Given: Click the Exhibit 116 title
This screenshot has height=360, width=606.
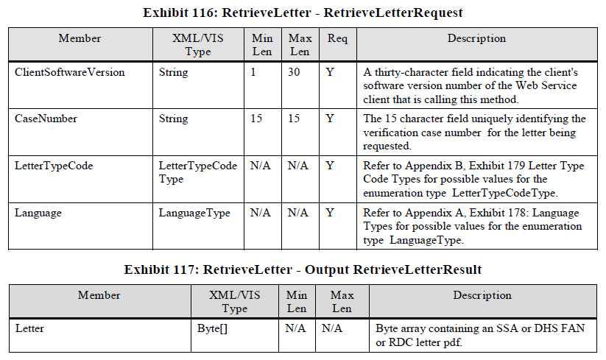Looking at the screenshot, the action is click(302, 13).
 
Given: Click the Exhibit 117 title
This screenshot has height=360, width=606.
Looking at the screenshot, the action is click(302, 269).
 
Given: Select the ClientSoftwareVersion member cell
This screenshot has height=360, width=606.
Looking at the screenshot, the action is click(70, 72).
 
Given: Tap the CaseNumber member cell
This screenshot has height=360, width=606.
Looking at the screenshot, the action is click(46, 119).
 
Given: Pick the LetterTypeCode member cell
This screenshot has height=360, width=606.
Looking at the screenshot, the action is click(52, 166).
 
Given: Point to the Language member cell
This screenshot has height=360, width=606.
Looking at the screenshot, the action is click(38, 213).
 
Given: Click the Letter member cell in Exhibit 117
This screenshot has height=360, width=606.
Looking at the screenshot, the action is click(29, 328).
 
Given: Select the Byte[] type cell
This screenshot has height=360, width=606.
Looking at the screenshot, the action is click(213, 328).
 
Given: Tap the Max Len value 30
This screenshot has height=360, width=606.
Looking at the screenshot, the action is click(294, 72).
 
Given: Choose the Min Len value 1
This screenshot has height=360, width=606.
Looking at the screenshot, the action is click(253, 72).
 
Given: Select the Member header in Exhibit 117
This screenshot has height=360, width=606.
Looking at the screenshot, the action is click(99, 295).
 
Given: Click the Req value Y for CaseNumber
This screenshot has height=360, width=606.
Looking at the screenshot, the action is click(330, 119).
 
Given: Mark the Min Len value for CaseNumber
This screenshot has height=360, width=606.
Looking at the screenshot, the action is click(256, 119).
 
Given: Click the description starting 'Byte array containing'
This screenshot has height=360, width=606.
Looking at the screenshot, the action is click(479, 334).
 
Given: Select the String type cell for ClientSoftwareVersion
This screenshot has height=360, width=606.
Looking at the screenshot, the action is click(174, 72).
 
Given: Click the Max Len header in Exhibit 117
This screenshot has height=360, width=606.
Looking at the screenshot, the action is click(342, 301).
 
